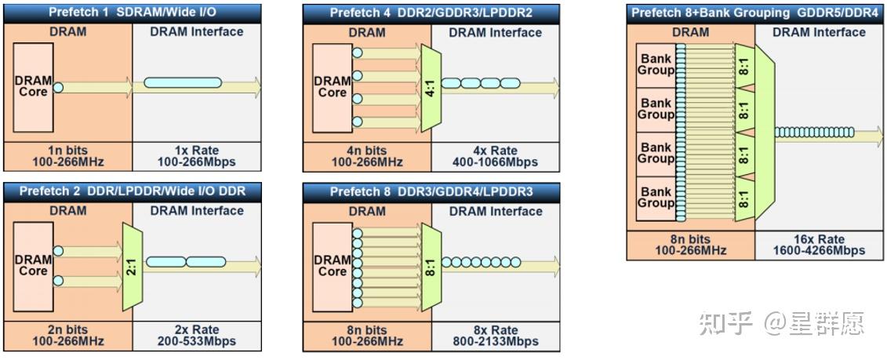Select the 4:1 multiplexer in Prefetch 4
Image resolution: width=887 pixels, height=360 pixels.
pos(430,82)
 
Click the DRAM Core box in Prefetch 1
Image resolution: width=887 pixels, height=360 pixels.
pos(33,87)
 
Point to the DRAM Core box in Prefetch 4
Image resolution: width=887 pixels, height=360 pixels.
pos(332,87)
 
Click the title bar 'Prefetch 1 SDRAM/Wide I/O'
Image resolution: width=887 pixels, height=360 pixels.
pos(133,13)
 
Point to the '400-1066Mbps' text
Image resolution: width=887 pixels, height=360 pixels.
pos(496,162)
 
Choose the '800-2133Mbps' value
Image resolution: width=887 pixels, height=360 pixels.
pos(496,341)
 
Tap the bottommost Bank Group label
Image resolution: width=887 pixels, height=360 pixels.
pos(656,198)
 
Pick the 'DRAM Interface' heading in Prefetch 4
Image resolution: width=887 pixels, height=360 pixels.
pos(496,33)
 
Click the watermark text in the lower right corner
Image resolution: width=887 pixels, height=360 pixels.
pos(782,322)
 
